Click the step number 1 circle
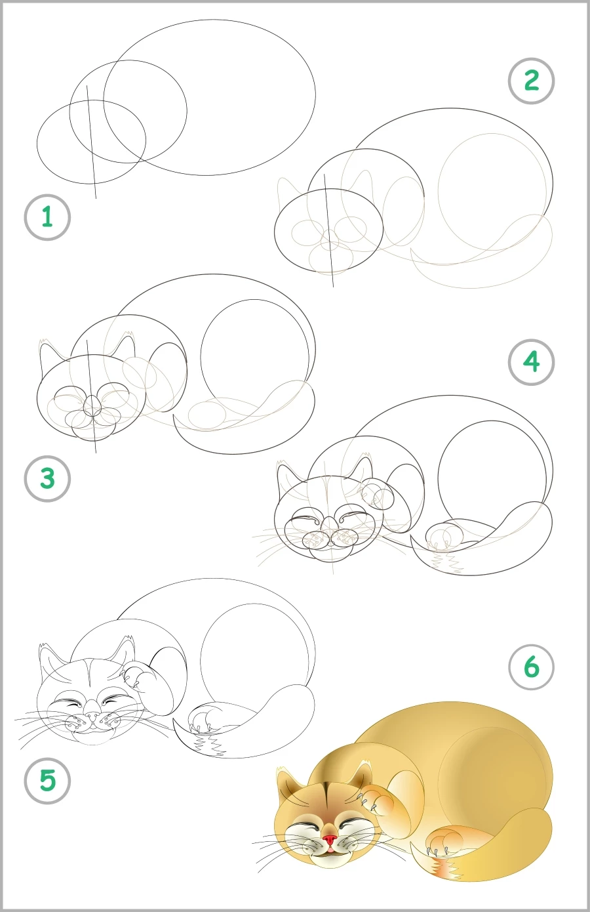47,217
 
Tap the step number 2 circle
531,81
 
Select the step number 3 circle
47,479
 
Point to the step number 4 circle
531,362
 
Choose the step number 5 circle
47,781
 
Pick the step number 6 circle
531,667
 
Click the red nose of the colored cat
330,840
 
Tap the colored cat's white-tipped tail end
446,869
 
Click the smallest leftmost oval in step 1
91,142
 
